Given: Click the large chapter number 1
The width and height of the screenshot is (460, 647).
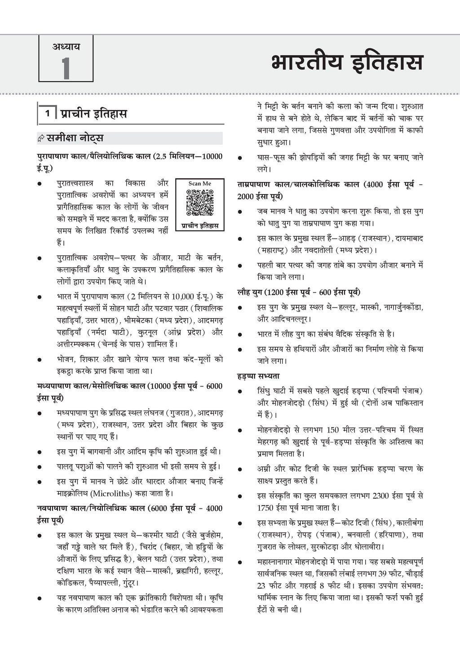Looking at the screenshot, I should pyautogui.click(x=66, y=68).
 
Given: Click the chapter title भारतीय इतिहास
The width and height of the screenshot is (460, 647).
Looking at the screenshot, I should pyautogui.click(x=346, y=63).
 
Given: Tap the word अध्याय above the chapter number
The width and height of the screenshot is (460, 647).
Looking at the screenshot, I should pyautogui.click(x=66, y=46).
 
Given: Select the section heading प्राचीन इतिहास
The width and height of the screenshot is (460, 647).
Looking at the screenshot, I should pyautogui.click(x=94, y=114).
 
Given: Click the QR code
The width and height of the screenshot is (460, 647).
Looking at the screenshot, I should pyautogui.click(x=200, y=203).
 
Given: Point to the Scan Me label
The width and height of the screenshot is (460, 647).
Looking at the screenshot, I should pyautogui.click(x=200, y=183).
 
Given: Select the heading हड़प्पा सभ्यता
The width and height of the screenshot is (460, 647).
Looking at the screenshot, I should pyautogui.click(x=259, y=376).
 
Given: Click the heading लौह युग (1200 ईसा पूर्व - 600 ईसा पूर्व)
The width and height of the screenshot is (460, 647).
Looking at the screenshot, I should pyautogui.click(x=299, y=292).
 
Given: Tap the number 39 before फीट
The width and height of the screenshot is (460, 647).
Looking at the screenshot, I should pyautogui.click(x=384, y=574).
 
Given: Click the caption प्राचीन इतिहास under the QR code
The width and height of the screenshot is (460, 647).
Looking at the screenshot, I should pyautogui.click(x=200, y=226).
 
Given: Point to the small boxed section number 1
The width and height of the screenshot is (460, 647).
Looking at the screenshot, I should pyautogui.click(x=47, y=113).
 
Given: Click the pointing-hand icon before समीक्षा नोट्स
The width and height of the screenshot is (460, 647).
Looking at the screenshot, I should pyautogui.click(x=41, y=139).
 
